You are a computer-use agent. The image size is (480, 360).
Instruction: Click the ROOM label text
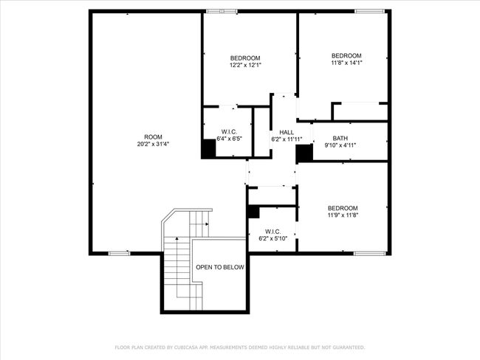[153, 137]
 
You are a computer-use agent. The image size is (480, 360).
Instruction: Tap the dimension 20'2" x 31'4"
[153, 144]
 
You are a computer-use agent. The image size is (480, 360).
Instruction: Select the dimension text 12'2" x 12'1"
[245, 65]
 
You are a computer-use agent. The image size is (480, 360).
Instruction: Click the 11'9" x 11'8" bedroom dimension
[343, 215]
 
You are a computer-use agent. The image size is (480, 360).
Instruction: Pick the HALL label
[287, 133]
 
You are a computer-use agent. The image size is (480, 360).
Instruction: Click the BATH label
[340, 138]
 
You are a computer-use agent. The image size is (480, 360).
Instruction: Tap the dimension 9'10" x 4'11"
[340, 145]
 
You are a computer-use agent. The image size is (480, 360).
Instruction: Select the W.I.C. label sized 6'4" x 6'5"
[229, 132]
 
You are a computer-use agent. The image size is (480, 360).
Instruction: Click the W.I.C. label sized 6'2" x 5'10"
[272, 232]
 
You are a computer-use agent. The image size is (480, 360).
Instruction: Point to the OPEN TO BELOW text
[220, 267]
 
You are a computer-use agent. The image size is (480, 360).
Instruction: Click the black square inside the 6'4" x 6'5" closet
[208, 149]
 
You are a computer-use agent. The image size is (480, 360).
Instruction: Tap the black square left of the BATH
[304, 153]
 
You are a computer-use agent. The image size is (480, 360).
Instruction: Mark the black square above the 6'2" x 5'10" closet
[253, 212]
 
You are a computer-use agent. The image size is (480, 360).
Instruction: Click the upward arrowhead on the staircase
[177, 238]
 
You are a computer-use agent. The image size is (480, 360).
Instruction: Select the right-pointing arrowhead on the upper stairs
[208, 224]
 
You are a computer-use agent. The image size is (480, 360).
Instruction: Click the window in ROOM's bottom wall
[120, 253]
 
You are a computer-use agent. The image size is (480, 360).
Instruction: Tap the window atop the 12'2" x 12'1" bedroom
[222, 12]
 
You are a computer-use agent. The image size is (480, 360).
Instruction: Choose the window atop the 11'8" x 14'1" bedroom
[369, 12]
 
